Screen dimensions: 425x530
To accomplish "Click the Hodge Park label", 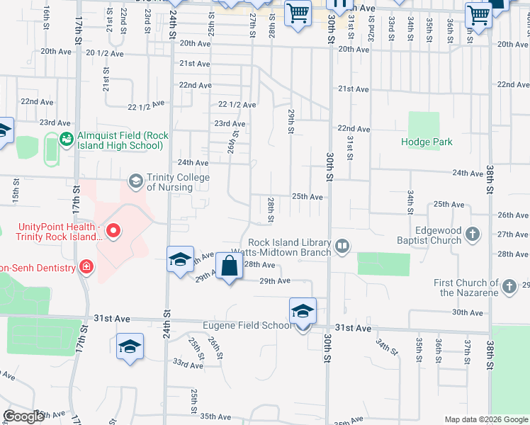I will pos(427,142).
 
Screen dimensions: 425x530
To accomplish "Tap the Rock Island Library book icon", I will pos(343,246).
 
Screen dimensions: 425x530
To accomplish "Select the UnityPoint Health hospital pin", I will pos(113,231).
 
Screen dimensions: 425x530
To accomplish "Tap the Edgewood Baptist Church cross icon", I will pos(474,234).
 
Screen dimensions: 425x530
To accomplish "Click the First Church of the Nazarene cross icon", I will pos(509,287).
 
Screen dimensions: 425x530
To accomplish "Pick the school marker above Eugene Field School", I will pos(303,310).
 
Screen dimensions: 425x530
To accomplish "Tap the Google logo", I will pos(23,416).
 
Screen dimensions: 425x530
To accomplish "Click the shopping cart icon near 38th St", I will pos(478,13).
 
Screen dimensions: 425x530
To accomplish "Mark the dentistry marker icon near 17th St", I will pos(86,267).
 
